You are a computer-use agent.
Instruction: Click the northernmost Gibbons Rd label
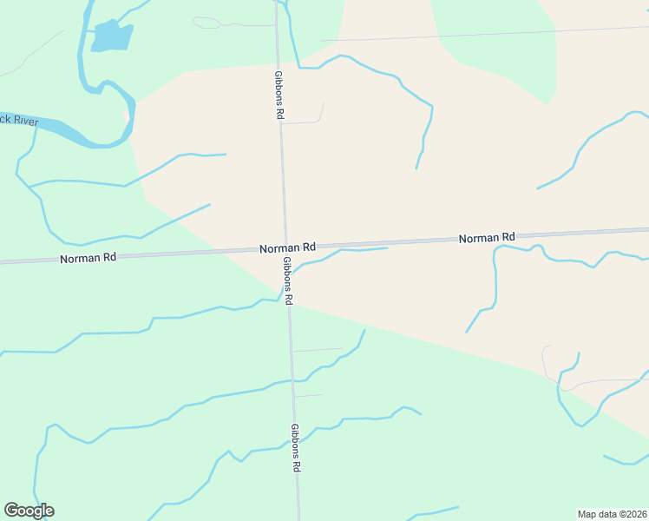point(279,95)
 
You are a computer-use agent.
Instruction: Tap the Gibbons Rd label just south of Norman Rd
point(287,280)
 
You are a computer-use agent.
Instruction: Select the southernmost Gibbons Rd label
point(295,447)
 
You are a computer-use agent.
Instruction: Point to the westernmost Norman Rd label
point(88,258)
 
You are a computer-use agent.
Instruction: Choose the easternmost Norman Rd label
point(487,237)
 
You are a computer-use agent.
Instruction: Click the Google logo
point(29,511)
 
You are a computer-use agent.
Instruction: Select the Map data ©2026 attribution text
point(613,514)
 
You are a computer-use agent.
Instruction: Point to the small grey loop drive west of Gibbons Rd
point(206,22)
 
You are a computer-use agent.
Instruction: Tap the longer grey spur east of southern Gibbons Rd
point(318,350)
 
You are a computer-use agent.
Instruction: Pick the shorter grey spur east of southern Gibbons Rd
point(309,395)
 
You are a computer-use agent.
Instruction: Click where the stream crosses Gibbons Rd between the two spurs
point(292,380)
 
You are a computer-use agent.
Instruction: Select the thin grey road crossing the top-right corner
point(486,33)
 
